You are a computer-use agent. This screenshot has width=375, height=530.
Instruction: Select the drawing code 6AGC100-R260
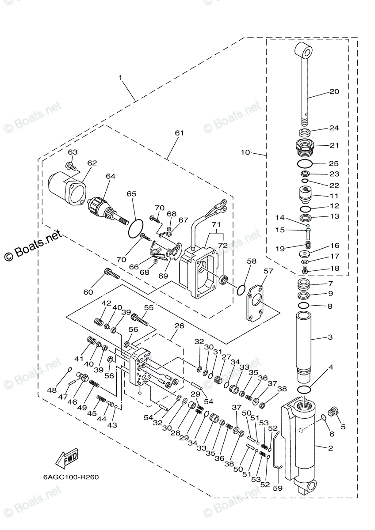(x=71, y=477)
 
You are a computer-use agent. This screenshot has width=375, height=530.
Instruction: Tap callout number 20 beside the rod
(x=334, y=92)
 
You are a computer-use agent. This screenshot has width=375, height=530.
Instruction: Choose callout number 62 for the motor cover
(x=92, y=163)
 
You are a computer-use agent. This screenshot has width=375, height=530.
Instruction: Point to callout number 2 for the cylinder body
(x=330, y=447)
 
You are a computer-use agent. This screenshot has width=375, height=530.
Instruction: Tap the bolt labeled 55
(x=138, y=318)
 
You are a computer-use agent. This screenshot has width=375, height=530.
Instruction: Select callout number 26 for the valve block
(x=178, y=326)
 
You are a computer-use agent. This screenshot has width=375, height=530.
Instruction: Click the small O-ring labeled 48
(x=69, y=370)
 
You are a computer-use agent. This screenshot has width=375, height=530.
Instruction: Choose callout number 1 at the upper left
(x=120, y=77)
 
